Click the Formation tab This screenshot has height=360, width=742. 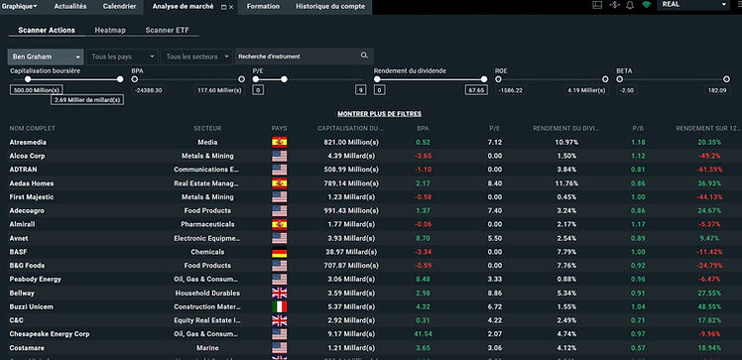point(263,6)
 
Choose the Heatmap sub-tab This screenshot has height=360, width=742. point(110,31)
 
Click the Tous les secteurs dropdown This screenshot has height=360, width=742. point(196,57)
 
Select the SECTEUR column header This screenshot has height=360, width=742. point(207,129)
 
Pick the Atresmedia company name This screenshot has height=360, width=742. point(28,142)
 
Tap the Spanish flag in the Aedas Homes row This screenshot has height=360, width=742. point(280,183)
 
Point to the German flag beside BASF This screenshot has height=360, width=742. point(280,252)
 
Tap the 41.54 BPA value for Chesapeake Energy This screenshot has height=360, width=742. point(423,334)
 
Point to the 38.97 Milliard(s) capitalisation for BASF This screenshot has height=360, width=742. point(348,252)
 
